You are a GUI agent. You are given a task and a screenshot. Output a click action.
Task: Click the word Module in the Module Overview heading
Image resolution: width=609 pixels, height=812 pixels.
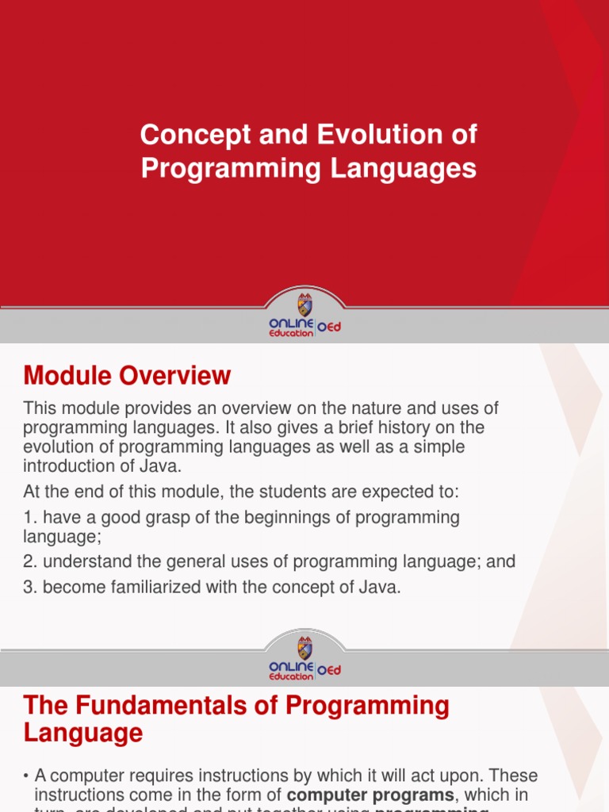[67, 375]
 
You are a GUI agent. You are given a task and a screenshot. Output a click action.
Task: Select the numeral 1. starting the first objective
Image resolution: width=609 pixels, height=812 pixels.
[31, 517]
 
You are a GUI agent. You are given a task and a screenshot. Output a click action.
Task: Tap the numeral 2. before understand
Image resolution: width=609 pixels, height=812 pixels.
[31, 561]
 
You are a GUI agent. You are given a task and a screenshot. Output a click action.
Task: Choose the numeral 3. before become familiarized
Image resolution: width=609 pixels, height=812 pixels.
[31, 588]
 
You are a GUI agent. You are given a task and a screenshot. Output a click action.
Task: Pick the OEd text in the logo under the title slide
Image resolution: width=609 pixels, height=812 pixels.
[329, 327]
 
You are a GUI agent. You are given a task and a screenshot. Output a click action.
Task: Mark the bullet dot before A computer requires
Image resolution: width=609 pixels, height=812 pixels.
[27, 776]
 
